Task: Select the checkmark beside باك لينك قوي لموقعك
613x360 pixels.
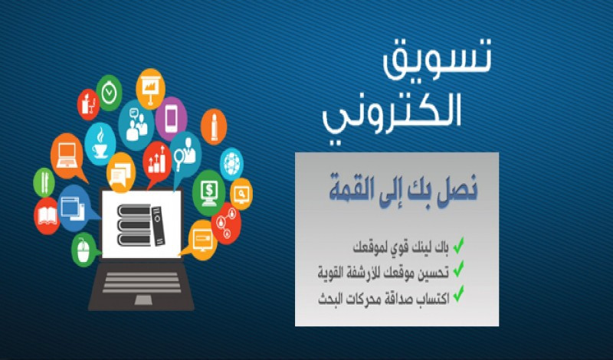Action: coord(458,247)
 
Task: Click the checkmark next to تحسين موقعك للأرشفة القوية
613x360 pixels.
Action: coord(458,270)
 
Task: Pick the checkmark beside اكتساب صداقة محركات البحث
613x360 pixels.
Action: coord(458,293)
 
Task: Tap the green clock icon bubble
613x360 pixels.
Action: coord(110,92)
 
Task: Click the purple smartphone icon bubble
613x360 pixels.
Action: coord(172,117)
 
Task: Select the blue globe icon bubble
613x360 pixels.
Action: coord(231,162)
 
